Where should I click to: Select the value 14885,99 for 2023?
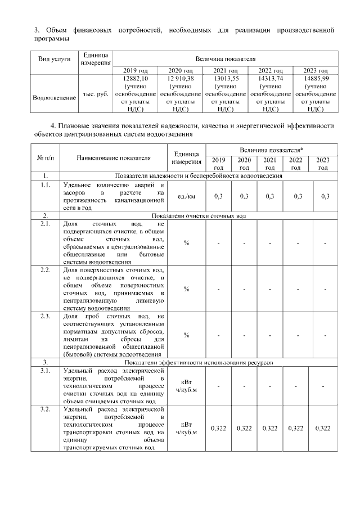[x=316, y=79]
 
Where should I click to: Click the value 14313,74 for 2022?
[x=270, y=79]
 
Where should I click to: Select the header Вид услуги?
[x=55, y=59]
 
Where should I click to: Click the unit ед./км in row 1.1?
[x=187, y=196]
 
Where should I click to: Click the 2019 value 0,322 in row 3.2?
[x=218, y=429]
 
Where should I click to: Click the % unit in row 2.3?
[x=187, y=335]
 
